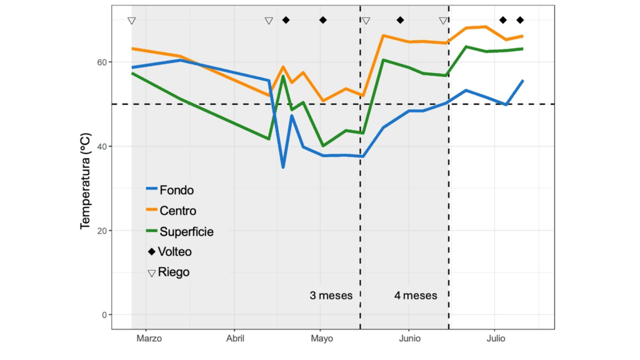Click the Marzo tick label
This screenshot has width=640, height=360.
point(149,339)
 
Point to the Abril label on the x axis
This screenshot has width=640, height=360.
point(234,339)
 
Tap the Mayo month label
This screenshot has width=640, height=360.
point(321,339)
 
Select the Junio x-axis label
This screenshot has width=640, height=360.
point(409,339)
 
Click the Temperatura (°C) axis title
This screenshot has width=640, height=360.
point(86,181)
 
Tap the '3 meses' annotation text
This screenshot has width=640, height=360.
point(331,295)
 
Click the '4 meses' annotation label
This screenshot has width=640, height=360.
point(416,295)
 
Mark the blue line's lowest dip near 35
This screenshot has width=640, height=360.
point(283,167)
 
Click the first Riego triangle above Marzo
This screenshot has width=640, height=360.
point(131,21)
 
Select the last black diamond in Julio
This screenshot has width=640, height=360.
point(520,20)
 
